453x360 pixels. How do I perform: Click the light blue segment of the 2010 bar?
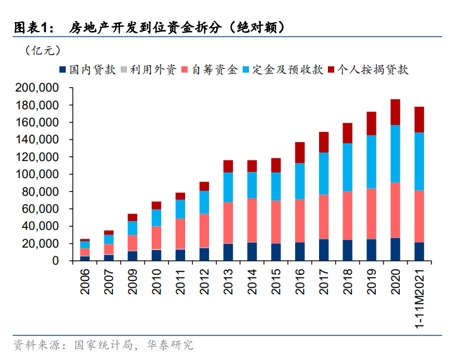157,218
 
